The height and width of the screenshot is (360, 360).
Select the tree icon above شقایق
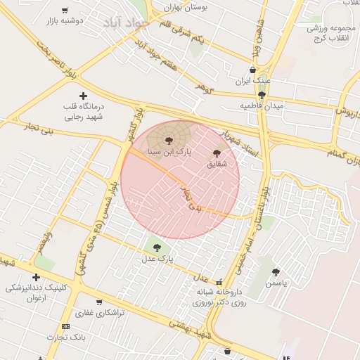point(216,153)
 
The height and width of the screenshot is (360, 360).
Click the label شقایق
point(217,164)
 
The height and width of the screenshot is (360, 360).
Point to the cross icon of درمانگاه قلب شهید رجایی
point(83,96)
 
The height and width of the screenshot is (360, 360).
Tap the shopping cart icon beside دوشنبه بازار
point(65,11)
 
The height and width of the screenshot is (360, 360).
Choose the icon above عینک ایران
point(252,70)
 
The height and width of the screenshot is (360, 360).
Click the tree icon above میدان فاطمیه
point(262,94)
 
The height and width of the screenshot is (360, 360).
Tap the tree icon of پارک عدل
point(156,247)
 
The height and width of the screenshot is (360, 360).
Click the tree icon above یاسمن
point(276,272)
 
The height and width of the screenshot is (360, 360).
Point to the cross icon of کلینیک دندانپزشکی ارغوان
point(36,277)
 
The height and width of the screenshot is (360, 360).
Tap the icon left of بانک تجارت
point(65,326)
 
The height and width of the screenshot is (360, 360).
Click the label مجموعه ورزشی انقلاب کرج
point(333,32)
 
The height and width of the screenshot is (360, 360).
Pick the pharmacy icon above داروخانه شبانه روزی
point(219,281)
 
